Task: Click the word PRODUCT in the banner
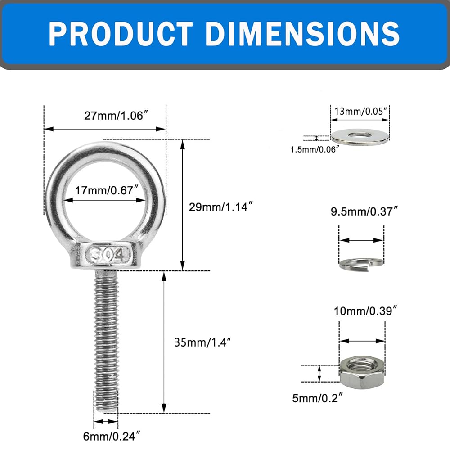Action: point(121,34)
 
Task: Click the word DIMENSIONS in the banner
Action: point(302,34)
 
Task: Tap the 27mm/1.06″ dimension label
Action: point(116,116)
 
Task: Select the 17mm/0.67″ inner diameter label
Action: point(107,190)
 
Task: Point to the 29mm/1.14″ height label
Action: point(220,207)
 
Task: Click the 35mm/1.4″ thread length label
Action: point(202,342)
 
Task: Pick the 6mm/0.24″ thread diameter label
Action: point(112,436)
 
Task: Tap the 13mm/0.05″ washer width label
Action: point(361,111)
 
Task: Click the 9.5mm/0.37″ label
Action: point(364,211)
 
